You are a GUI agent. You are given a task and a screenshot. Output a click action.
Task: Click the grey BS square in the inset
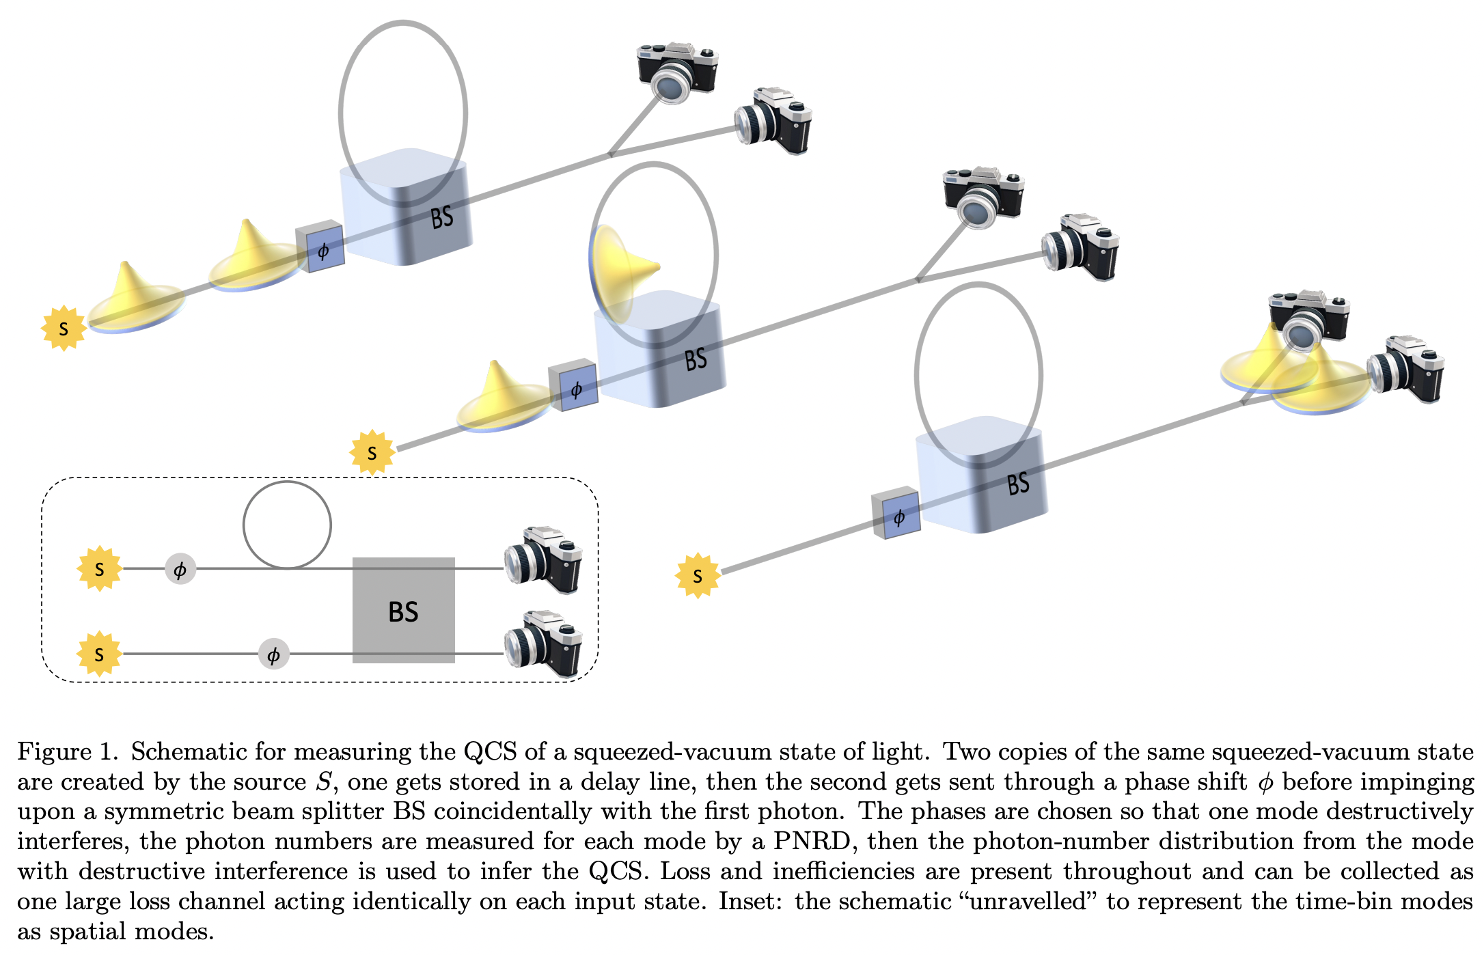pyautogui.click(x=403, y=610)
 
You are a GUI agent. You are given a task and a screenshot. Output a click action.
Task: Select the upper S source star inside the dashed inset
pyautogui.click(x=100, y=568)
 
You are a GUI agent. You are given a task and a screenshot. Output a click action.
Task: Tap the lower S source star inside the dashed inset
pyautogui.click(x=100, y=654)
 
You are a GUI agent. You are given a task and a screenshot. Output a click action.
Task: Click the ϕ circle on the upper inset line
pyautogui.click(x=180, y=569)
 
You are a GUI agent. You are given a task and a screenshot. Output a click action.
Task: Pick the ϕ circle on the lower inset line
pyautogui.click(x=273, y=655)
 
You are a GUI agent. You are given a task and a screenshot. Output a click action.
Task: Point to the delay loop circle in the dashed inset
pyautogui.click(x=287, y=525)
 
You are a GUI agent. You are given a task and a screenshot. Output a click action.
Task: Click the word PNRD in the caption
pyautogui.click(x=811, y=841)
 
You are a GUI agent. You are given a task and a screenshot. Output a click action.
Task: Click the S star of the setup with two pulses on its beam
pyautogui.click(x=64, y=329)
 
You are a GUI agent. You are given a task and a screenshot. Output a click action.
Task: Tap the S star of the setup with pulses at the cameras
pyautogui.click(x=698, y=576)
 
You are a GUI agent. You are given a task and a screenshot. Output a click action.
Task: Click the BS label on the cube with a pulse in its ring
pyautogui.click(x=696, y=359)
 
